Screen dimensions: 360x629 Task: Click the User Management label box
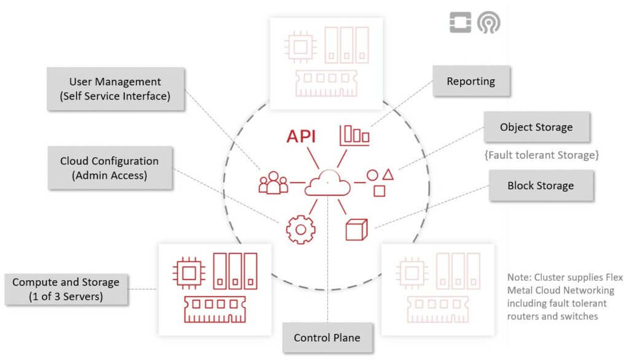[x=115, y=89]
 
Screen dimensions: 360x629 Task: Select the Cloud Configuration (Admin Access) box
[x=109, y=168]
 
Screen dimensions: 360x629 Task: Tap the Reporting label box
[x=471, y=81]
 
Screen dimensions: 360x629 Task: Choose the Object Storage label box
[x=536, y=127]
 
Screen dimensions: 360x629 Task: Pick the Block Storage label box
[x=541, y=186]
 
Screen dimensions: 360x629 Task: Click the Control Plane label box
[x=327, y=337]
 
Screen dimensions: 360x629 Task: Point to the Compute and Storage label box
[x=66, y=289]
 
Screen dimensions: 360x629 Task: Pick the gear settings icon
[x=301, y=230]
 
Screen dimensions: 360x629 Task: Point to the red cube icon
[x=356, y=229]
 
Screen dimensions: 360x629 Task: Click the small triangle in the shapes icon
[x=388, y=175]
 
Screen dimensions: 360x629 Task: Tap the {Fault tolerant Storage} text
[x=541, y=155]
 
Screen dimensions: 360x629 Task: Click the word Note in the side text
[x=519, y=276]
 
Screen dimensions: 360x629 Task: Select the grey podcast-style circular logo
[x=489, y=23]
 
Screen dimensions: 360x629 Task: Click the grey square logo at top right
[x=460, y=23]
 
